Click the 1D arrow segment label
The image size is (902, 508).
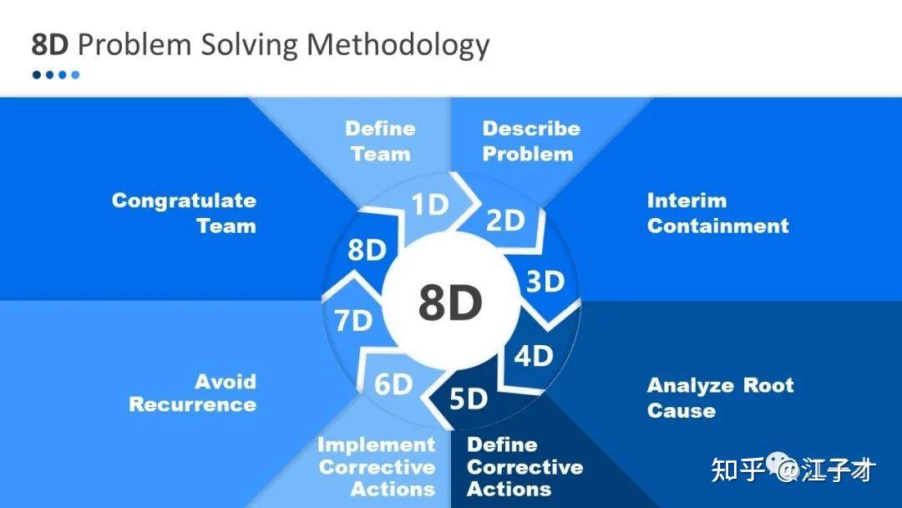click(430, 204)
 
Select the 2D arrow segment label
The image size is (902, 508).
click(505, 221)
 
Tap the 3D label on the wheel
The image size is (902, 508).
click(545, 282)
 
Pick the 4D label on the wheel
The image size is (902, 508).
click(533, 356)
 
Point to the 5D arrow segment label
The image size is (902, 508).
click(469, 399)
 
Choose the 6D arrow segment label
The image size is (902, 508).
click(393, 384)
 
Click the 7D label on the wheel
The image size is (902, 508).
click(353, 321)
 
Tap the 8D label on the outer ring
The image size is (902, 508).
click(367, 251)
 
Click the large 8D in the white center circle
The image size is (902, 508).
click(450, 303)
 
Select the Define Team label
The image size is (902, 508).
click(380, 141)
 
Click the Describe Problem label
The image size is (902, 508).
click(531, 141)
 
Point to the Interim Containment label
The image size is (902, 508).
click(718, 213)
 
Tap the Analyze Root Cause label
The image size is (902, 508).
click(720, 398)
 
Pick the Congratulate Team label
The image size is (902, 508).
click(184, 213)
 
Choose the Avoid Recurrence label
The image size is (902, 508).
click(193, 393)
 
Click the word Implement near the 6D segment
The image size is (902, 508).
click(376, 444)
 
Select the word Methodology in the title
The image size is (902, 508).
click(398, 45)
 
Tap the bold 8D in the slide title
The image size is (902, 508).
click(50, 45)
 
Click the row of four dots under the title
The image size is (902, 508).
click(56, 75)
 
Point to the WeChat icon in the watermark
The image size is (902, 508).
click(779, 465)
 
